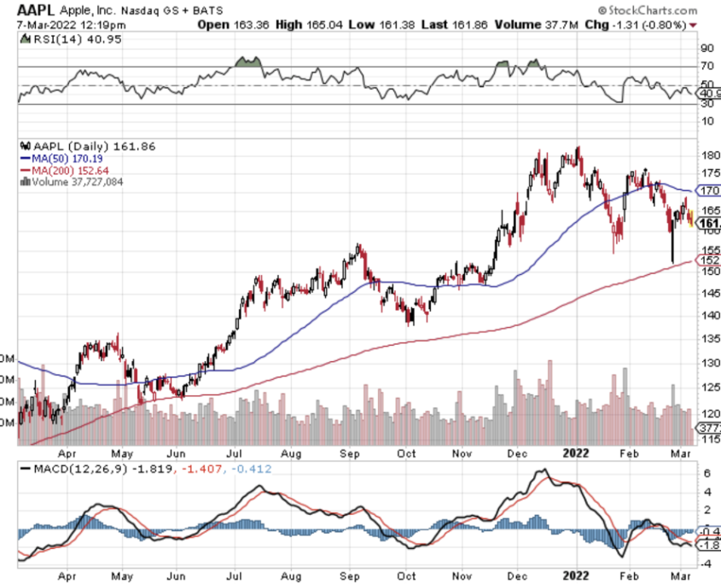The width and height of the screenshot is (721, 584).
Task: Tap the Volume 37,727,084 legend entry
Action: (x=77, y=181)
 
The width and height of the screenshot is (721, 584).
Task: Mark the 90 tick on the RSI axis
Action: (x=707, y=48)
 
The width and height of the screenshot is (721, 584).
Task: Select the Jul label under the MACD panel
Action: (x=231, y=577)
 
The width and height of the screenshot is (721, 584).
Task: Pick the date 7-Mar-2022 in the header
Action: (x=39, y=24)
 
